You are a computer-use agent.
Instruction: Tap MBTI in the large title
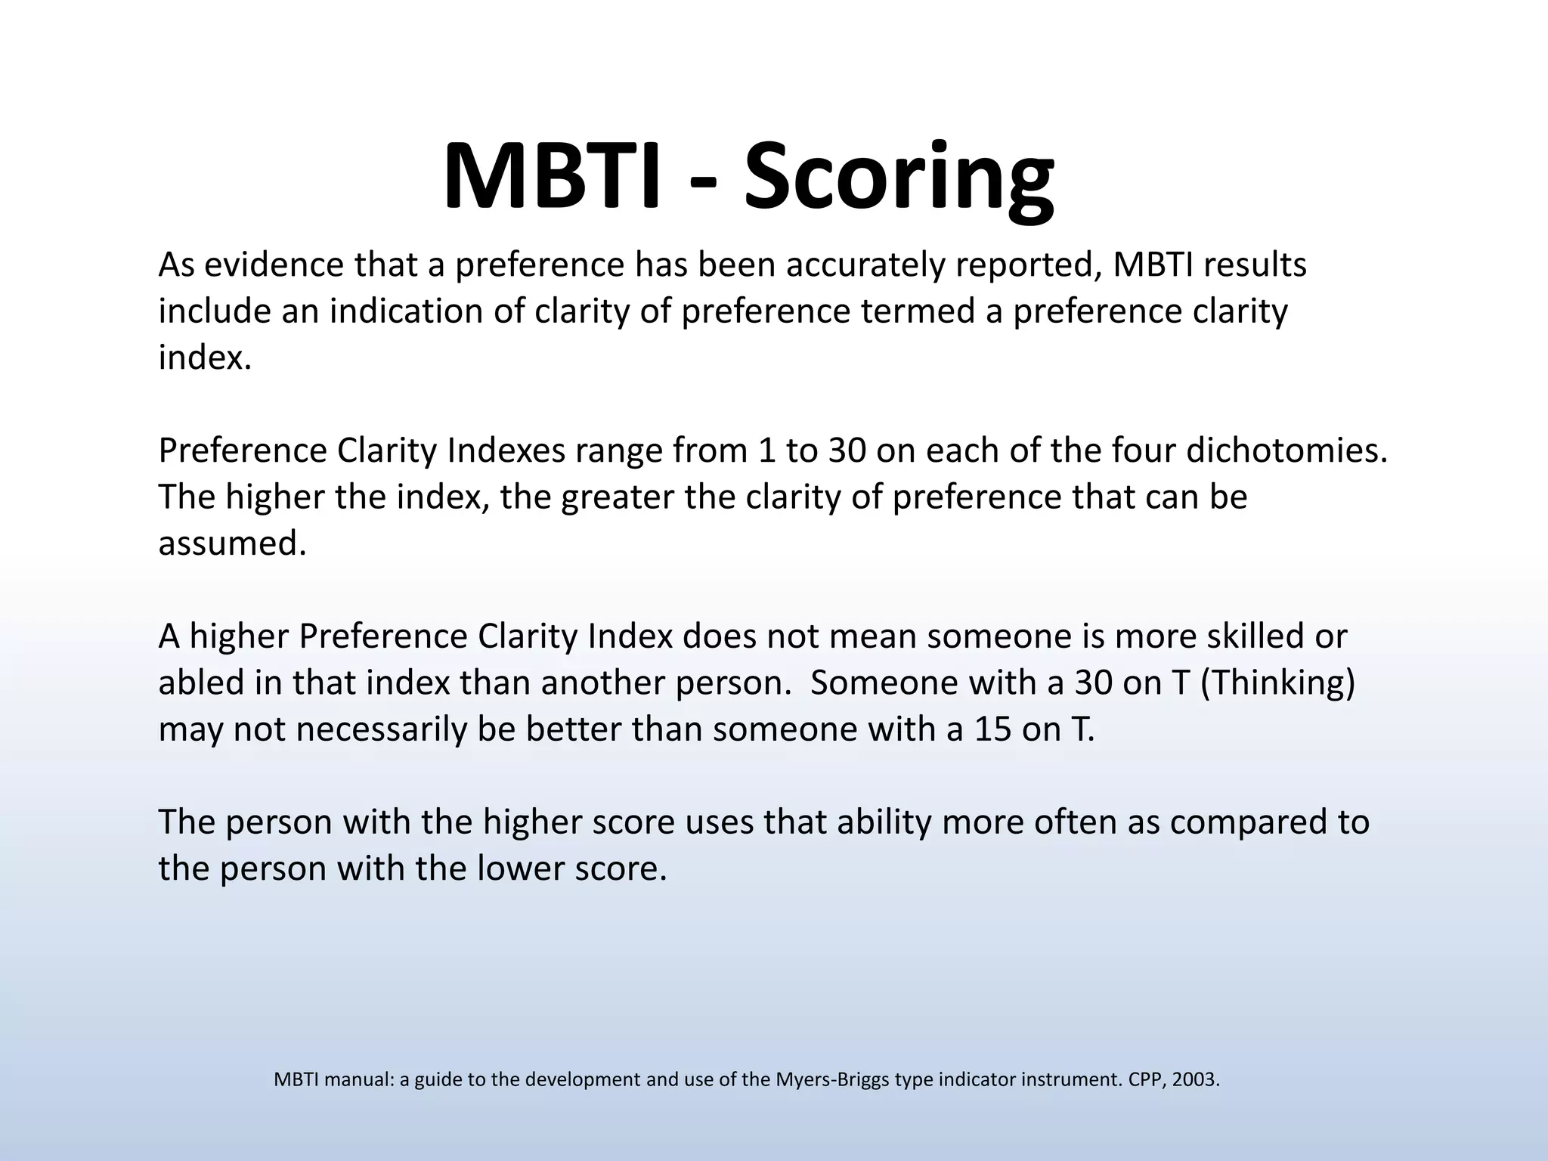[x=551, y=178]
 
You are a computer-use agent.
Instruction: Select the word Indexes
[x=506, y=450]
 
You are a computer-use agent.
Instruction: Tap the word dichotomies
[x=1286, y=450]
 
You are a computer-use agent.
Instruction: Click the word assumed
[x=232, y=543]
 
